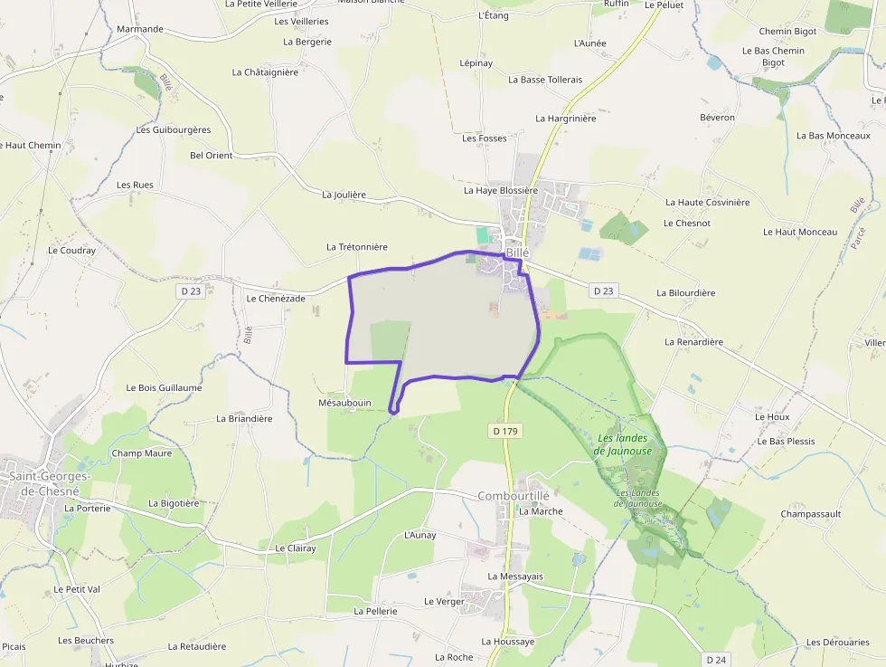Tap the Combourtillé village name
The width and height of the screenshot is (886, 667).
coord(514,495)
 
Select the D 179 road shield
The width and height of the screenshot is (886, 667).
coord(506,432)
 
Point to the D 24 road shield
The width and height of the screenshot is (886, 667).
coord(716,660)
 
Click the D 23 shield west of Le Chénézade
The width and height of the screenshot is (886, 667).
coord(191,291)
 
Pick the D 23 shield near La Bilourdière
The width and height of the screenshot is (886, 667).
coord(603,291)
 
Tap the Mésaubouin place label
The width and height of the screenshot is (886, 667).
coord(345,403)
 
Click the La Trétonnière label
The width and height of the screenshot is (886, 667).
coord(356,246)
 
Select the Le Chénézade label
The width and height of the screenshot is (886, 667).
coord(276,298)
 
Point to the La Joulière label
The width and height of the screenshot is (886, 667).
coord(344,195)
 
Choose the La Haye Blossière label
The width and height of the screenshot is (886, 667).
coord(500,190)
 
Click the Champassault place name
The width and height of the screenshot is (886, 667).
coord(811,513)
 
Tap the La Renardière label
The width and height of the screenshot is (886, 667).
coord(693,342)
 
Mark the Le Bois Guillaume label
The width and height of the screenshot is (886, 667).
coord(164,387)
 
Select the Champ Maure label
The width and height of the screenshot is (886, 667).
coord(141,453)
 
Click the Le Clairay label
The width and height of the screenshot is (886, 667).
coord(296,548)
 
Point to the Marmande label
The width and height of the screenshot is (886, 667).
coord(140,29)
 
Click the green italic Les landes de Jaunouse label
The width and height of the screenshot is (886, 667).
coord(625,444)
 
